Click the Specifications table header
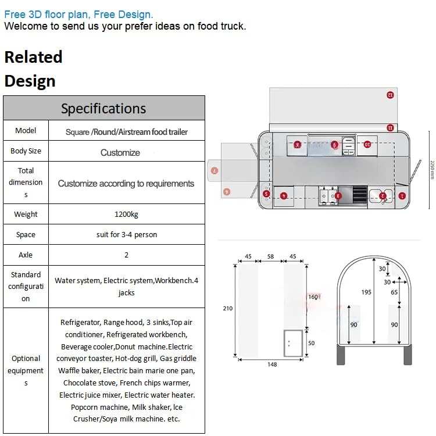[103, 108]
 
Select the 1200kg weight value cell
[126, 214]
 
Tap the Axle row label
[26, 255]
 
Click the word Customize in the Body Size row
[120, 152]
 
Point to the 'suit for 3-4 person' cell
[126, 234]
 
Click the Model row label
[26, 130]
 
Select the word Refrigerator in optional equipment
[80, 322]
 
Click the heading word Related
[33, 57]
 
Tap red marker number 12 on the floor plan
[390, 94]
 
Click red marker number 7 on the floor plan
[215, 171]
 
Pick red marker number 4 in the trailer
[284, 196]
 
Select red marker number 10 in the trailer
[367, 144]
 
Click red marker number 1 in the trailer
[402, 196]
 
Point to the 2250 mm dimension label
[432, 169]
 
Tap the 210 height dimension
[227, 308]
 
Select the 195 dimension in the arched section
[366, 292]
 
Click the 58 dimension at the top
[270, 256]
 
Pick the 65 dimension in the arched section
[395, 292]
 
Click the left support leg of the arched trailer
[341, 353]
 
